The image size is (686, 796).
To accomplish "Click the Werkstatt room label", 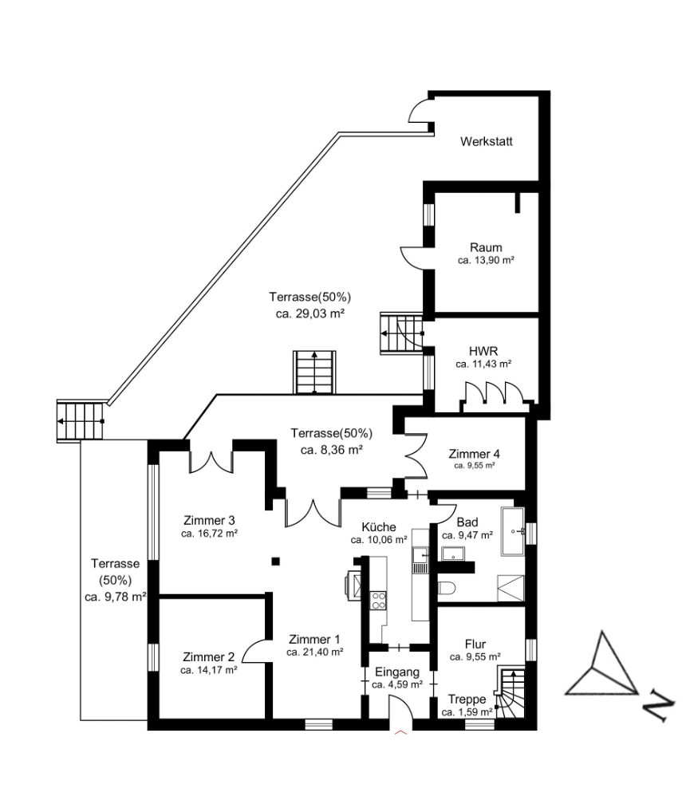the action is [x=486, y=142].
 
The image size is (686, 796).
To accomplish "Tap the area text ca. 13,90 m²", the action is [x=486, y=261].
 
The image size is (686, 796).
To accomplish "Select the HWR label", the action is [x=483, y=350].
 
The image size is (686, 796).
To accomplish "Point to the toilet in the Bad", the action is [x=447, y=589].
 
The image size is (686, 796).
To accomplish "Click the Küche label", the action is [x=379, y=527].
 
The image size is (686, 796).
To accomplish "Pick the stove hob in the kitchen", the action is [x=378, y=600].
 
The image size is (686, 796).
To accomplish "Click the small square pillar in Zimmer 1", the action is [x=275, y=561].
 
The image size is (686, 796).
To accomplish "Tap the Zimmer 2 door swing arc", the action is [x=255, y=652].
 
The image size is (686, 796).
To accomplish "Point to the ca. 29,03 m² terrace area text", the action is [x=310, y=314].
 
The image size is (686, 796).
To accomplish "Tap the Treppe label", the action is [x=467, y=699].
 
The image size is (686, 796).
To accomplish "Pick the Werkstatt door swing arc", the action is [x=419, y=113].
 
